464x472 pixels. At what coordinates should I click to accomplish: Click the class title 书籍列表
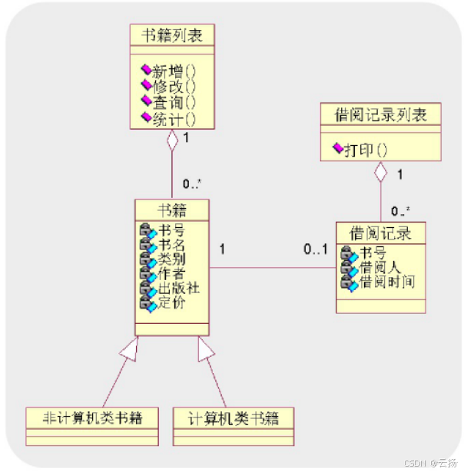(x=171, y=35)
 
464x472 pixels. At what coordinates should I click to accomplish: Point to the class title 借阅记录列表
(x=380, y=115)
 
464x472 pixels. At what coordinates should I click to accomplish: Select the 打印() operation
(x=365, y=149)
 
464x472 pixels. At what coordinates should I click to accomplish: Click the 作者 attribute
(x=171, y=273)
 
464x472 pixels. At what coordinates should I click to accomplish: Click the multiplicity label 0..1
(x=315, y=249)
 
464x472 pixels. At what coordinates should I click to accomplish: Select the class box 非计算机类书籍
(x=91, y=419)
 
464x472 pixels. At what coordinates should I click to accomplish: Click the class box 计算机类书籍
(x=234, y=419)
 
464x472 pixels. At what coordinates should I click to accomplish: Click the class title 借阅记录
(x=380, y=231)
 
